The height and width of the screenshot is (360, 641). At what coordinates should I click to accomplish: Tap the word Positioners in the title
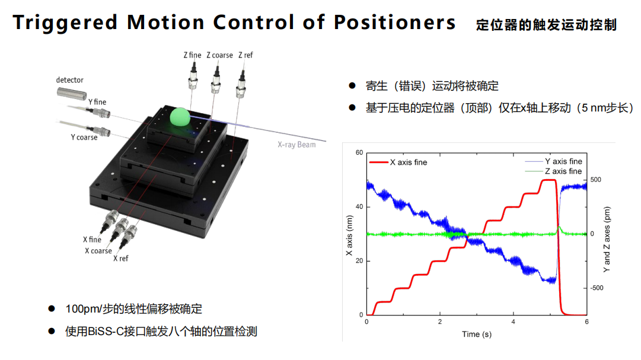click(x=394, y=22)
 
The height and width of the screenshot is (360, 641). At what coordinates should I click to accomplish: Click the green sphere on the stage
click(x=180, y=117)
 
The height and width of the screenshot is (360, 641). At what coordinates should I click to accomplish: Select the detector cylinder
click(x=72, y=93)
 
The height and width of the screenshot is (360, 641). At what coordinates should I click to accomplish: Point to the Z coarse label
click(x=219, y=55)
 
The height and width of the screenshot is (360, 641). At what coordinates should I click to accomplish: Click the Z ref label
click(x=245, y=55)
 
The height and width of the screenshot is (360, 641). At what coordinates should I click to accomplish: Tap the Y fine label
click(x=97, y=102)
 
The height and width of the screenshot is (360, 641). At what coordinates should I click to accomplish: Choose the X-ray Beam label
click(x=296, y=144)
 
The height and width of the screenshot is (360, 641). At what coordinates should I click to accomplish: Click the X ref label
click(x=120, y=259)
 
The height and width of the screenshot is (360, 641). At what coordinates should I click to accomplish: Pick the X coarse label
click(x=98, y=251)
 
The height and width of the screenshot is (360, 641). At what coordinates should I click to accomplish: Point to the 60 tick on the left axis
click(x=359, y=152)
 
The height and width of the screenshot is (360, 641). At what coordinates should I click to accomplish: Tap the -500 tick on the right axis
click(x=597, y=288)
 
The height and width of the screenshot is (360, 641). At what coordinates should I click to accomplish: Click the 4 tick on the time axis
click(x=513, y=322)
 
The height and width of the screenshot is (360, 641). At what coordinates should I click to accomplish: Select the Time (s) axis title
click(x=477, y=334)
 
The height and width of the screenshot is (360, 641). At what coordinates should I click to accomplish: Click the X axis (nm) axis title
click(x=349, y=235)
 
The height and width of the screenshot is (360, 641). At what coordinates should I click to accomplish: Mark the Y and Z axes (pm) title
click(x=607, y=240)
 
